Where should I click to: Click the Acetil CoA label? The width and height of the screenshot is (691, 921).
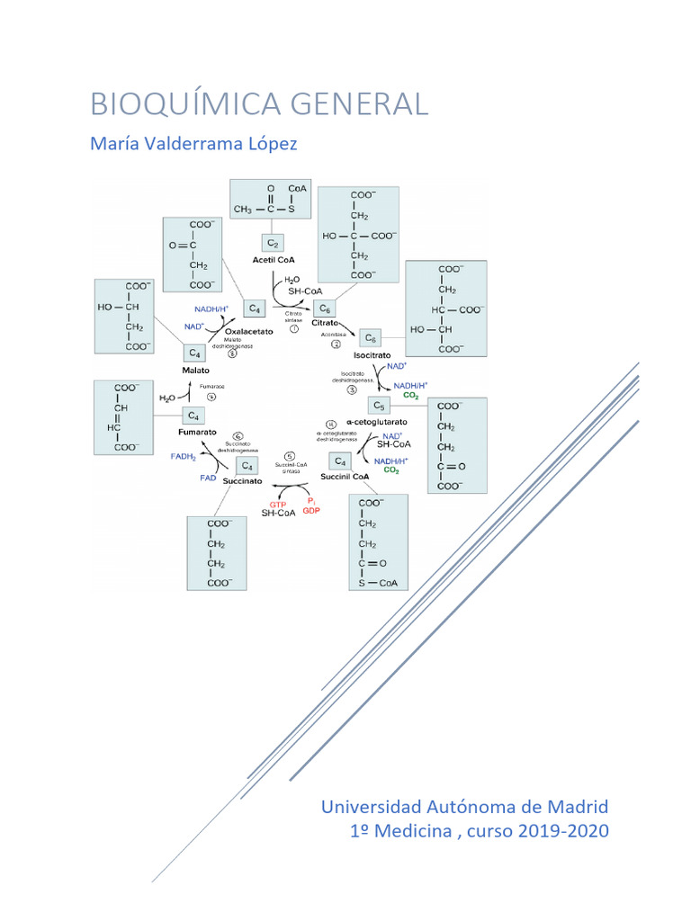pyautogui.click(x=274, y=260)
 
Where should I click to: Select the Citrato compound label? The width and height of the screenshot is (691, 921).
pyautogui.click(x=325, y=321)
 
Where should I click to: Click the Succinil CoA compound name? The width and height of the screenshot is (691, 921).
pyautogui.click(x=345, y=477)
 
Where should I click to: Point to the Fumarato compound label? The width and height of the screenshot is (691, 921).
pyautogui.click(x=197, y=432)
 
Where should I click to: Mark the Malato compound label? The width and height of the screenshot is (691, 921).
pyautogui.click(x=195, y=370)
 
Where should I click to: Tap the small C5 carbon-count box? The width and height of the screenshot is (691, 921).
pyautogui.click(x=379, y=406)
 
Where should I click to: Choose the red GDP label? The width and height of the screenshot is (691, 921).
pyautogui.click(x=311, y=511)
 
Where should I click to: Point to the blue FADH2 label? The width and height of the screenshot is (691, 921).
pyautogui.click(x=184, y=457)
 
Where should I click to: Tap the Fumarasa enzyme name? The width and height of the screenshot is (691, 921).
pyautogui.click(x=212, y=386)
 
